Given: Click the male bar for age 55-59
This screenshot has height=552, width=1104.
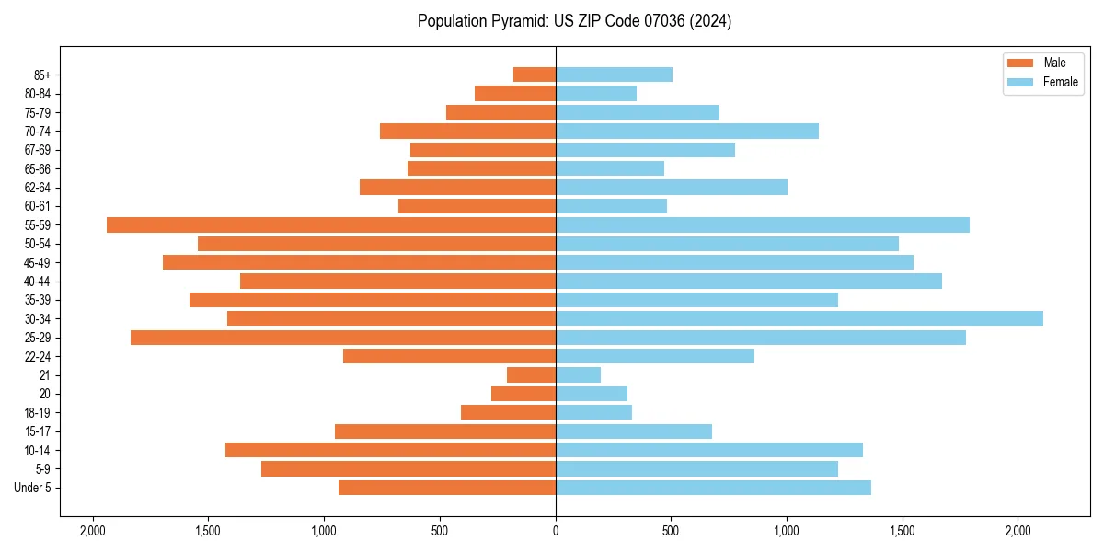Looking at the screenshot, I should (331, 224).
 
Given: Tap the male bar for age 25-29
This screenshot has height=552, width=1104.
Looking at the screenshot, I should (343, 338).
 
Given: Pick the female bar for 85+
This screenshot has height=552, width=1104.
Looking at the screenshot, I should (614, 75).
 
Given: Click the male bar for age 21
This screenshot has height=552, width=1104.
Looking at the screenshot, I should (531, 374).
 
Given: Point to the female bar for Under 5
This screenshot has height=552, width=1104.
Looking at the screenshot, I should (713, 488).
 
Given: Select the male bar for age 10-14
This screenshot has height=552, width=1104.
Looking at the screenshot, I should (390, 450).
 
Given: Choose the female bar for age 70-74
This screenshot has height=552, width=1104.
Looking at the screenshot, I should (686, 131).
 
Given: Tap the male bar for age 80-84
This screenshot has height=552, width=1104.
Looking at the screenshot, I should (515, 93).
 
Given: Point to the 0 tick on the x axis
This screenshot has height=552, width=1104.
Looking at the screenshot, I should (556, 531).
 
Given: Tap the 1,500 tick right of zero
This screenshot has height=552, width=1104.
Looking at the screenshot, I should (903, 531).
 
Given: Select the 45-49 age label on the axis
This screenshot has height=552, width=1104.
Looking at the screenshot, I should (38, 262).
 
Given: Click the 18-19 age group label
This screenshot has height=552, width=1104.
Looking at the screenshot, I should (38, 412).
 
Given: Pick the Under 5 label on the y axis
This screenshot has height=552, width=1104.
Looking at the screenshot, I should (33, 488).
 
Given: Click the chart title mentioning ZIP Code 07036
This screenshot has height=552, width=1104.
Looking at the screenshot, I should (574, 21).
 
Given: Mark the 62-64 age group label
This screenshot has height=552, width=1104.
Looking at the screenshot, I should (38, 188).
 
